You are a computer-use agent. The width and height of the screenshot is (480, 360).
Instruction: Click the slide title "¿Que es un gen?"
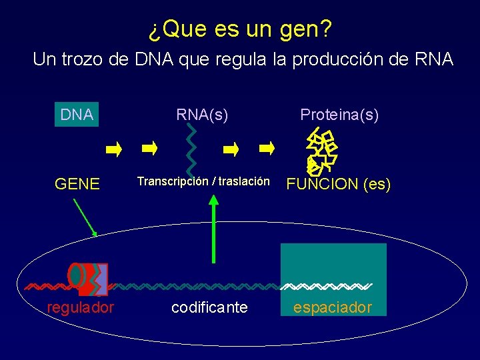[x=239, y=29]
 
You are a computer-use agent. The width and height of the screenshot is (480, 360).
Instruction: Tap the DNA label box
[x=77, y=115]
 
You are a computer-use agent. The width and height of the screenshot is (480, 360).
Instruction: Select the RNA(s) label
[x=202, y=115]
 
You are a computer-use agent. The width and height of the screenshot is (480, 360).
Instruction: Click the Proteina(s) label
[x=339, y=115]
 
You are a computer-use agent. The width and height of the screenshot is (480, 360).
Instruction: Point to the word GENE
[x=77, y=184]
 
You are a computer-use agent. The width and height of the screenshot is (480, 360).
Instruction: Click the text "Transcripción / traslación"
[x=203, y=181]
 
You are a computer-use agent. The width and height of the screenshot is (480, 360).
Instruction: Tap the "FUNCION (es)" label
[x=338, y=184]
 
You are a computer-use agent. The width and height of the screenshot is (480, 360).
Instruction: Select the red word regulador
[x=80, y=307]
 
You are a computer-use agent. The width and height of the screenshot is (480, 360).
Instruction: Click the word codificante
[x=209, y=307]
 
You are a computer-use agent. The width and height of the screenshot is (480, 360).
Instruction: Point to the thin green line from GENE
[x=83, y=215]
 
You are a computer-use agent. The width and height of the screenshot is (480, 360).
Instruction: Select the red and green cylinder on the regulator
[x=77, y=275]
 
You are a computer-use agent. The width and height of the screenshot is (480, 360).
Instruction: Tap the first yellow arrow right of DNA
[x=114, y=149]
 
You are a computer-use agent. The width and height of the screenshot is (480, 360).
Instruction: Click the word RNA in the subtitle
[x=433, y=59]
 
